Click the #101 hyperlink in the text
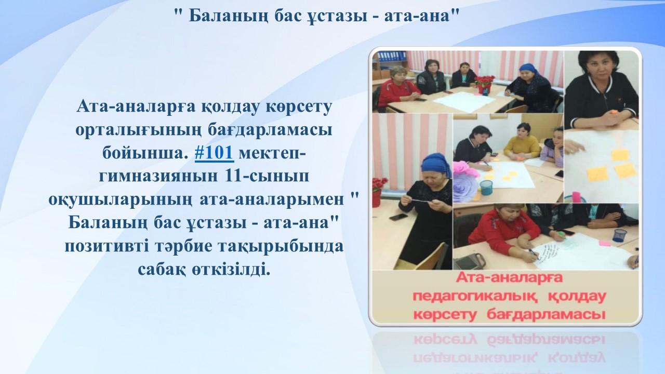(215, 153)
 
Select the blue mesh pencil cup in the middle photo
(486, 188)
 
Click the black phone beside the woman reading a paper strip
(397, 217)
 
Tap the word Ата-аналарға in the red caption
(509, 278)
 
